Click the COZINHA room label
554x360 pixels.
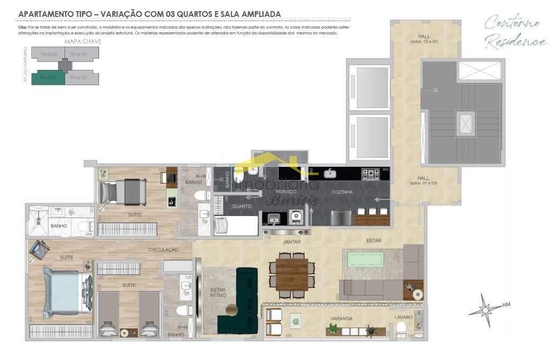pyautogui.click(x=342, y=192)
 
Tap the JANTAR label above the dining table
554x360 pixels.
pyautogui.click(x=291, y=241)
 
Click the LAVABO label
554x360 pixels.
pyautogui.click(x=404, y=317)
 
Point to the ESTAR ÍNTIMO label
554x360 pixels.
pyautogui.click(x=218, y=293)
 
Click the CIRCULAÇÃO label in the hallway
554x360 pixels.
pyautogui.click(x=163, y=249)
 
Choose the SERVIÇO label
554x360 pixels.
pyautogui.click(x=285, y=192)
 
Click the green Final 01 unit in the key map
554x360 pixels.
pyautogui.click(x=48, y=77)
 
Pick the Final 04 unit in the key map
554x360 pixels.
pyautogui.click(x=79, y=54)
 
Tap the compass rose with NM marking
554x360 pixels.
pyautogui.click(x=484, y=308)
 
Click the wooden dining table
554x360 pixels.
pyautogui.click(x=291, y=274)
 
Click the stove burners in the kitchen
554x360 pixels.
pyautogui.click(x=370, y=174)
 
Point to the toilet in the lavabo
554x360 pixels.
pyautogui.click(x=401, y=329)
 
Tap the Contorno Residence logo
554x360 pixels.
pyautogui.click(x=514, y=32)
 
